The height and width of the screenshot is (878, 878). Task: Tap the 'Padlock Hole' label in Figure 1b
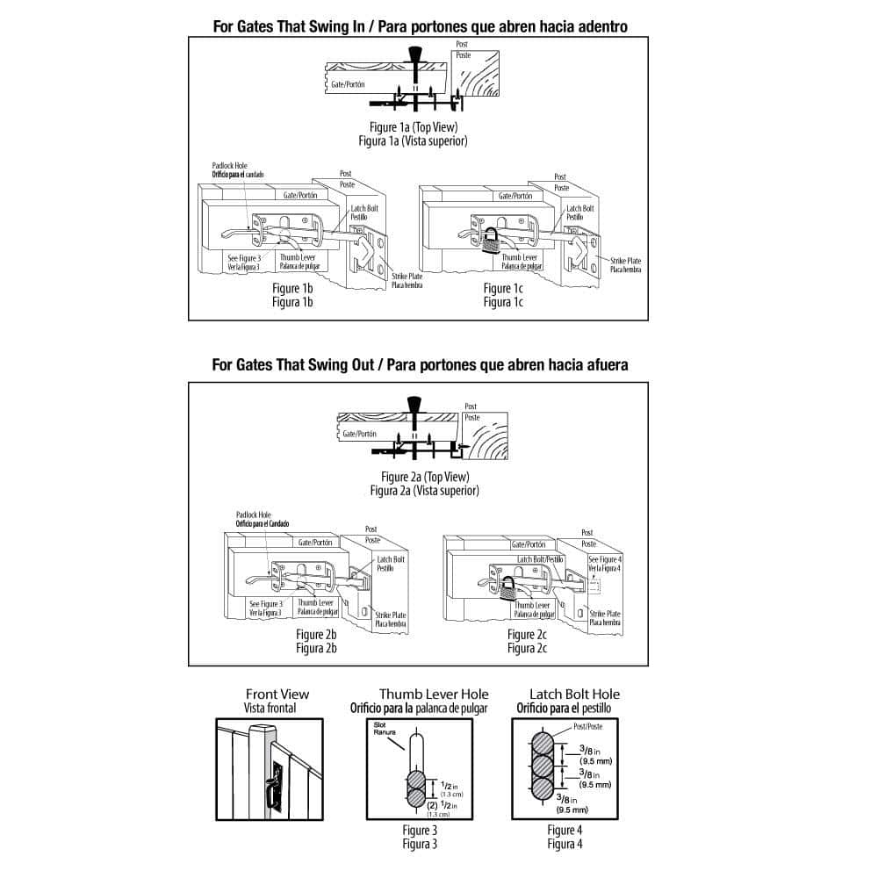coord(230,165)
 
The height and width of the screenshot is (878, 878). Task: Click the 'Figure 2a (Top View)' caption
coord(425,478)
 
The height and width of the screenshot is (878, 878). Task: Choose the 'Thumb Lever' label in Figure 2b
coord(315,603)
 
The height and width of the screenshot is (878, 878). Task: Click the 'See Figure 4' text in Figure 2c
coord(605,558)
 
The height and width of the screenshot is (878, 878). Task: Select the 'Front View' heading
coord(277,694)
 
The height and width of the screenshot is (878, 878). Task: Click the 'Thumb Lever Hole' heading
coord(434,694)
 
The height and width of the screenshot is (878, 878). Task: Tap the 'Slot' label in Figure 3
coord(379,724)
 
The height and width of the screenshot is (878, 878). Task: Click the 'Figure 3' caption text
coord(419,830)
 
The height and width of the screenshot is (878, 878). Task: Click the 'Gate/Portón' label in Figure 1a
coord(349,85)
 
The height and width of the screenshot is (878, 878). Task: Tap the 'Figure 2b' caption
coord(317,635)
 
